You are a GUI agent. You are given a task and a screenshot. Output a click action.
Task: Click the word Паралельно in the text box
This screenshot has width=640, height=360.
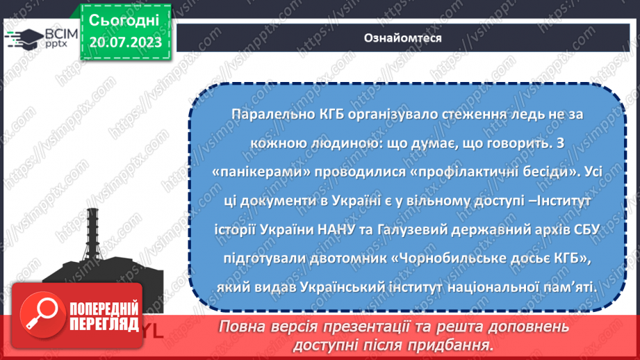click(267, 115)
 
